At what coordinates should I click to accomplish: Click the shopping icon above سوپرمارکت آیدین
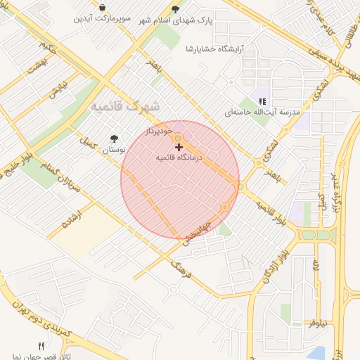coord(103,8)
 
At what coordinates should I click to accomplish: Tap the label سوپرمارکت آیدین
coord(103,18)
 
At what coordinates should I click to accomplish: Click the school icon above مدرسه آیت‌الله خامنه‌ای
coord(262,101)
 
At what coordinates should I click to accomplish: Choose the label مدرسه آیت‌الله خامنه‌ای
coord(262,112)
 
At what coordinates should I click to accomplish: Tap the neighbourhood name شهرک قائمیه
coord(125,106)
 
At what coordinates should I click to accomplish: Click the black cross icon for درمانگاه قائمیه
coord(179,147)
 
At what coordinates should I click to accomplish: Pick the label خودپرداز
coord(158,131)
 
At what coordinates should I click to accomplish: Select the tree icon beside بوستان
coord(114,139)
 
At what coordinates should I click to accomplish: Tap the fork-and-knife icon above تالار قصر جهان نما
coord(41,345)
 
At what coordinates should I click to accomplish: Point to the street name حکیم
coord(47,49)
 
